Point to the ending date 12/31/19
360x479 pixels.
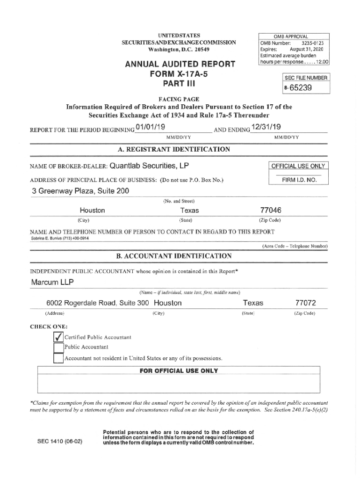[266, 128]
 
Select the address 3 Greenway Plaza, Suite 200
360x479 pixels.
[80, 191]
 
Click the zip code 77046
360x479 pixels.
[270, 210]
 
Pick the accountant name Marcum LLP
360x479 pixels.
[52, 283]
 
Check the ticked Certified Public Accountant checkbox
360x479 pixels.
[58, 337]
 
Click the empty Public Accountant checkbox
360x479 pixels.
[58, 348]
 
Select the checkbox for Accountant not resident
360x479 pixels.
[58, 358]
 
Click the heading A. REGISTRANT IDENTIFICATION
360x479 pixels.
[174, 149]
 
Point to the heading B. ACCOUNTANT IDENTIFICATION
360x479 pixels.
[174, 256]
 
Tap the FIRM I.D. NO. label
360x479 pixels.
[299, 180]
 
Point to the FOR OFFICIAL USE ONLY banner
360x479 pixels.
[179, 371]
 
